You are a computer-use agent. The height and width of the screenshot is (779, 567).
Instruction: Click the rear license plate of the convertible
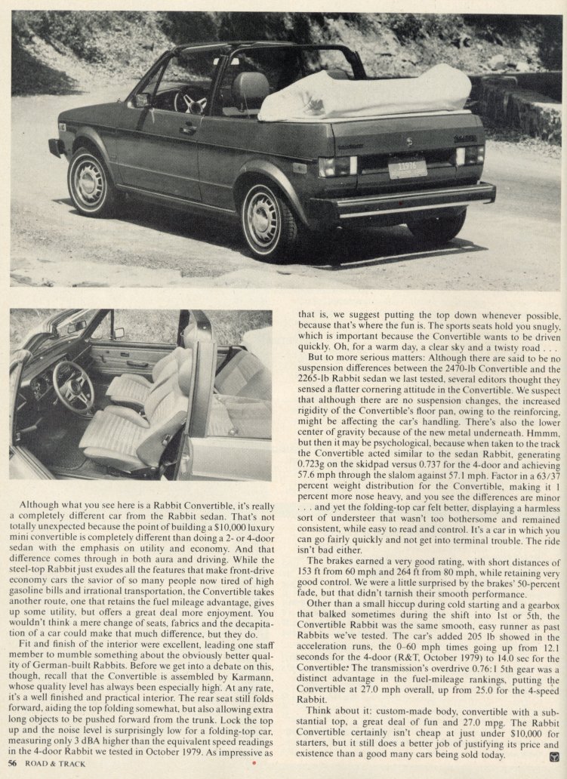[408, 168]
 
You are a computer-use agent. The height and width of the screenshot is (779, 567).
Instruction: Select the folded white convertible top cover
[387, 93]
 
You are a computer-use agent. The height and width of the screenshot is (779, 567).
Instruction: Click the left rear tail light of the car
[337, 165]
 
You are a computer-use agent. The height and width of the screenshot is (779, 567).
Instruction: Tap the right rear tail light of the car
[470, 155]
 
